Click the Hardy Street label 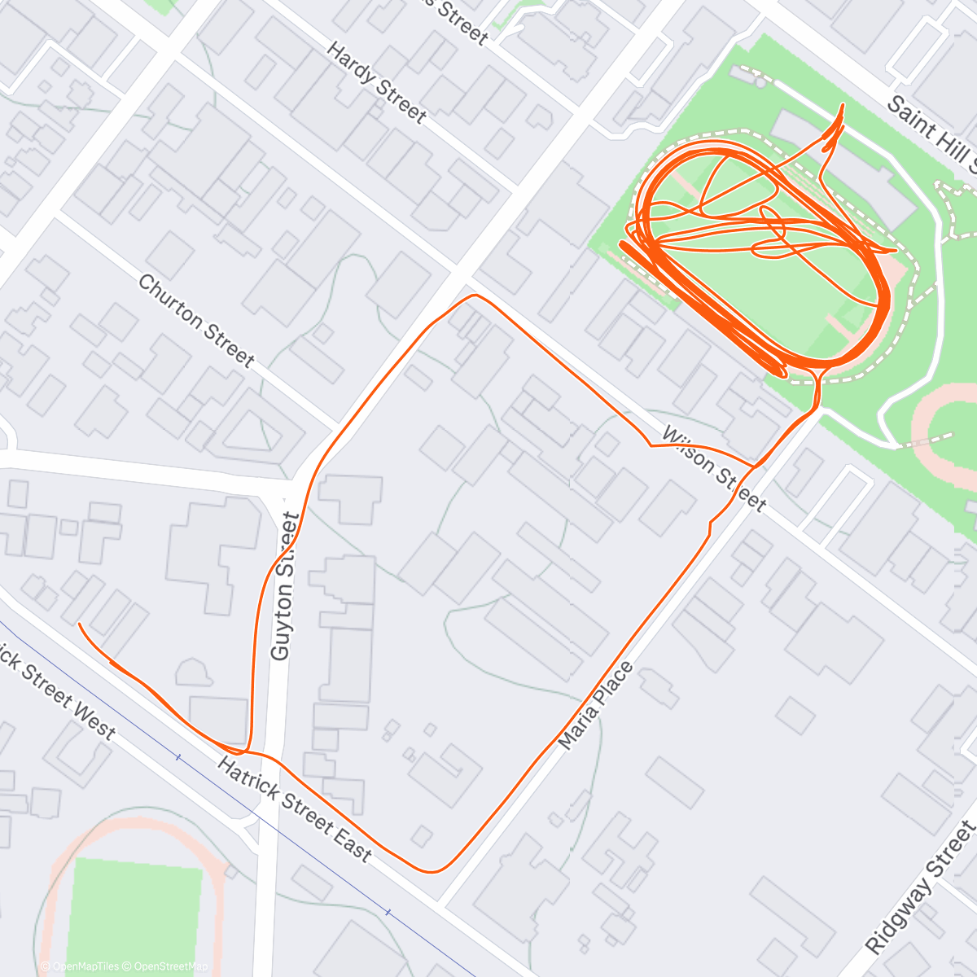[376, 83]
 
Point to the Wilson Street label [714, 469]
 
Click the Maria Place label [595, 705]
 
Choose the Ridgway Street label [920, 887]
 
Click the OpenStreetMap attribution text [167, 966]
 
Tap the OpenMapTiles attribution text [85, 966]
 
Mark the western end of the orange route [79, 624]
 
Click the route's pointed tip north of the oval [842, 105]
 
